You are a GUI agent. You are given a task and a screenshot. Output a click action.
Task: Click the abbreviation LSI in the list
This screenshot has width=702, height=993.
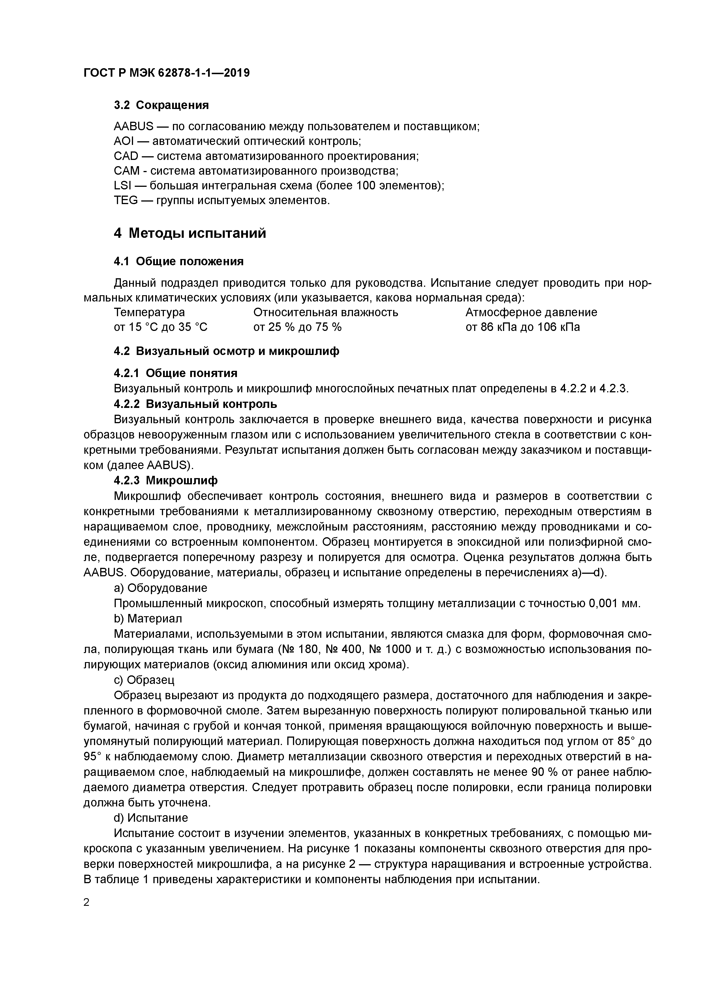coord(122,186)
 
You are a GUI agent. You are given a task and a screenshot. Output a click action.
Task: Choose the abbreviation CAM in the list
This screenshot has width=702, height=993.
coord(126,171)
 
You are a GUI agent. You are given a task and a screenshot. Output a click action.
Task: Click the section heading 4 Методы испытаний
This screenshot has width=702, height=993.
coord(190,234)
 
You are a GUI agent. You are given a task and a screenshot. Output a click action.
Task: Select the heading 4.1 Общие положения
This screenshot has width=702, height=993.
coord(178,261)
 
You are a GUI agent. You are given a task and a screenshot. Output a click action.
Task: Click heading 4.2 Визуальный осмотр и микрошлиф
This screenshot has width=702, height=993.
coord(226,351)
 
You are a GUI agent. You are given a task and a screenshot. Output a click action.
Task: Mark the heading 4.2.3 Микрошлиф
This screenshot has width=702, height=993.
coord(166,480)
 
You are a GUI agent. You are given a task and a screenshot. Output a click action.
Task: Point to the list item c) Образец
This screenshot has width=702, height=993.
coord(144,680)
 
